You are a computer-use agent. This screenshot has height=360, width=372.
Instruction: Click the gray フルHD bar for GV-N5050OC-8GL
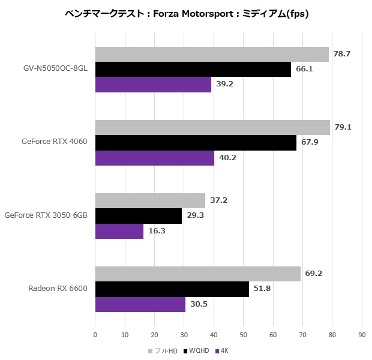point(212,54)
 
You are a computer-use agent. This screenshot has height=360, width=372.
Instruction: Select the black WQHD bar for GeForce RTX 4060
point(196,142)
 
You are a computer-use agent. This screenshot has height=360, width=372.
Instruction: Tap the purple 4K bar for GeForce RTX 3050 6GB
point(119,230)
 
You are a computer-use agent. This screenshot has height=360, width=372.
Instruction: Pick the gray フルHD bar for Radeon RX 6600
point(197,274)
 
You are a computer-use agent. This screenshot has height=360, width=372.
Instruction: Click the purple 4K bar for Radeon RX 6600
point(140,304)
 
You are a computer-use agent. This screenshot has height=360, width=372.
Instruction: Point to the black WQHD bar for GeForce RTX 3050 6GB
point(139,215)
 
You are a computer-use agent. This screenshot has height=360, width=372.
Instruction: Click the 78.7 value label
point(342,54)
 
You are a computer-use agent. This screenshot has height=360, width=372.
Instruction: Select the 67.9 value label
point(310,142)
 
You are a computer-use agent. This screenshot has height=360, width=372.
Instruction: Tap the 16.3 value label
point(157,230)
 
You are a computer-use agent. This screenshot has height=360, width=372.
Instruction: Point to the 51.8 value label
point(262,289)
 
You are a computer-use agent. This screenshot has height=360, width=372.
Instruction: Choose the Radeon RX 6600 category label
point(58,289)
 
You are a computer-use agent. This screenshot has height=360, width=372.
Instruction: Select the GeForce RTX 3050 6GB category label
point(46,215)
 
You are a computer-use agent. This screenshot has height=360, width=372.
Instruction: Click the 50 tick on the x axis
point(243,335)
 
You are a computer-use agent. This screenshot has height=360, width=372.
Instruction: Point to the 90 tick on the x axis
point(361,335)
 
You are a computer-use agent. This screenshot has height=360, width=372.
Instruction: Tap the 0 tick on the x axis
point(95,335)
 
